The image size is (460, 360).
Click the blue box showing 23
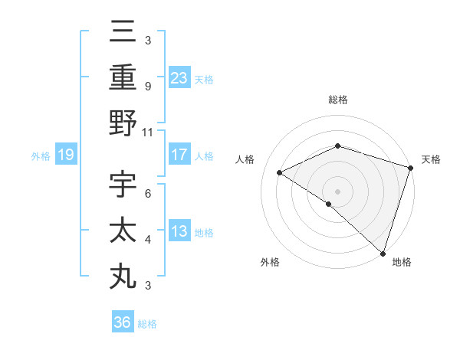point(179,78)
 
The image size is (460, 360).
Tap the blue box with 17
point(179,155)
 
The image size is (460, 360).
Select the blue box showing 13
point(179,231)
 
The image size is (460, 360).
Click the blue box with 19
point(66,155)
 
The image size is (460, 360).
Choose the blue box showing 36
point(123,322)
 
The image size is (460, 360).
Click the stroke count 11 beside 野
point(147,131)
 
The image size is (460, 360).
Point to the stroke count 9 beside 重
point(147,86)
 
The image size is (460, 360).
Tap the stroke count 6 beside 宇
point(147,193)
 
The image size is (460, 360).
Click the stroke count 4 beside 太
point(147,240)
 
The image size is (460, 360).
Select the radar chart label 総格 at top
point(337,100)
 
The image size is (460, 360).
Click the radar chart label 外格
point(270,262)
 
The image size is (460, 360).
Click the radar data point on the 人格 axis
point(280,172)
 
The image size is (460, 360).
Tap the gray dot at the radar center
point(337,191)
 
